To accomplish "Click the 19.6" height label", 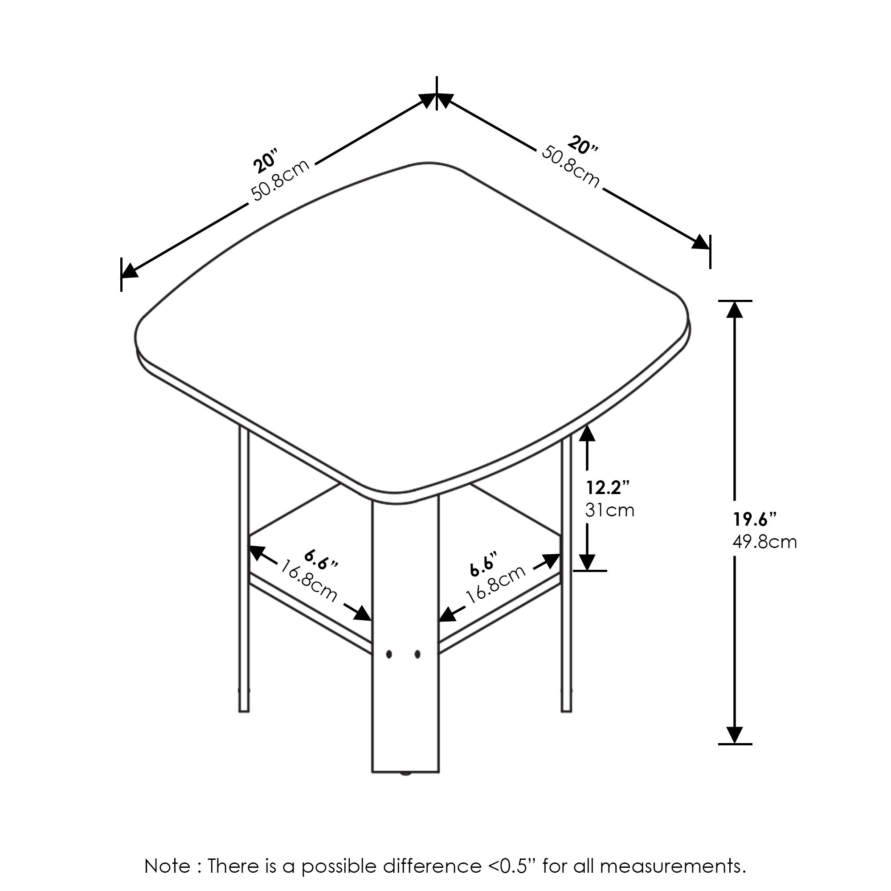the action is click(755, 520).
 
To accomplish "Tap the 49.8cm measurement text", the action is click(764, 542).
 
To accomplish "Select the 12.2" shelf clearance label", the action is click(608, 487).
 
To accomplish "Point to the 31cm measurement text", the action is click(610, 510).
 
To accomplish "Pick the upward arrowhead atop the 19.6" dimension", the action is click(735, 310).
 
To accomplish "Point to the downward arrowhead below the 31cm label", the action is click(587, 562).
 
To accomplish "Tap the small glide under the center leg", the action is click(405, 774).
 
